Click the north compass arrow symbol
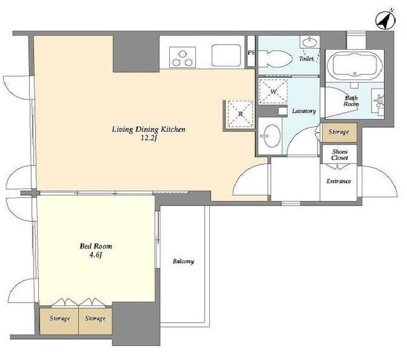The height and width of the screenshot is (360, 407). pos(385,20)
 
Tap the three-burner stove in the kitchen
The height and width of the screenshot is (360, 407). pos(183,57)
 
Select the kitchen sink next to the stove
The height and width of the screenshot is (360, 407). pos(226,56)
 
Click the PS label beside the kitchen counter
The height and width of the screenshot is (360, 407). pos(251,53)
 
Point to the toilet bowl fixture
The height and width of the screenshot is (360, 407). pos(275,59)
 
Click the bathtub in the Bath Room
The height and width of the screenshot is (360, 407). pos(354,65)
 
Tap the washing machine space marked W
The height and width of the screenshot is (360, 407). pos(273,92)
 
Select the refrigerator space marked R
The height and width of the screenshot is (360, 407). pos(240,114)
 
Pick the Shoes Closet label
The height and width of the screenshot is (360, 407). pos(340,155)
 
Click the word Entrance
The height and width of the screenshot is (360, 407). pos(338,181)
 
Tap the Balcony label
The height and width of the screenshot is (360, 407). pos(183,261)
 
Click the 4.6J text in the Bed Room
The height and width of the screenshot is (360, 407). pos(95,255)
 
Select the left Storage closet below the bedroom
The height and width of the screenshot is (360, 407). pos(59,321)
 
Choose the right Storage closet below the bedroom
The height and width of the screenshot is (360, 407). pos(95,321)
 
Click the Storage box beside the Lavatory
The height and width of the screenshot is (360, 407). pos(339,132)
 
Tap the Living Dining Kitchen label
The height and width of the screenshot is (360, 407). pos(148,129)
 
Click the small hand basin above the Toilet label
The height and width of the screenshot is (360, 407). pos(310,41)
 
